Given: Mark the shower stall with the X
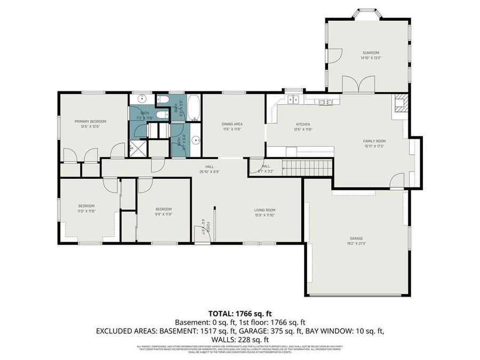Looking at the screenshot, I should [x=138, y=148].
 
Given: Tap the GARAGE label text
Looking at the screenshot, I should [x=357, y=241].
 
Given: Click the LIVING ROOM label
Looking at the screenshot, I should [x=264, y=212].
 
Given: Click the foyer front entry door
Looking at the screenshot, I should [x=200, y=233].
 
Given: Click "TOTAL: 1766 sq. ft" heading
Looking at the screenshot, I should [x=239, y=313].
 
